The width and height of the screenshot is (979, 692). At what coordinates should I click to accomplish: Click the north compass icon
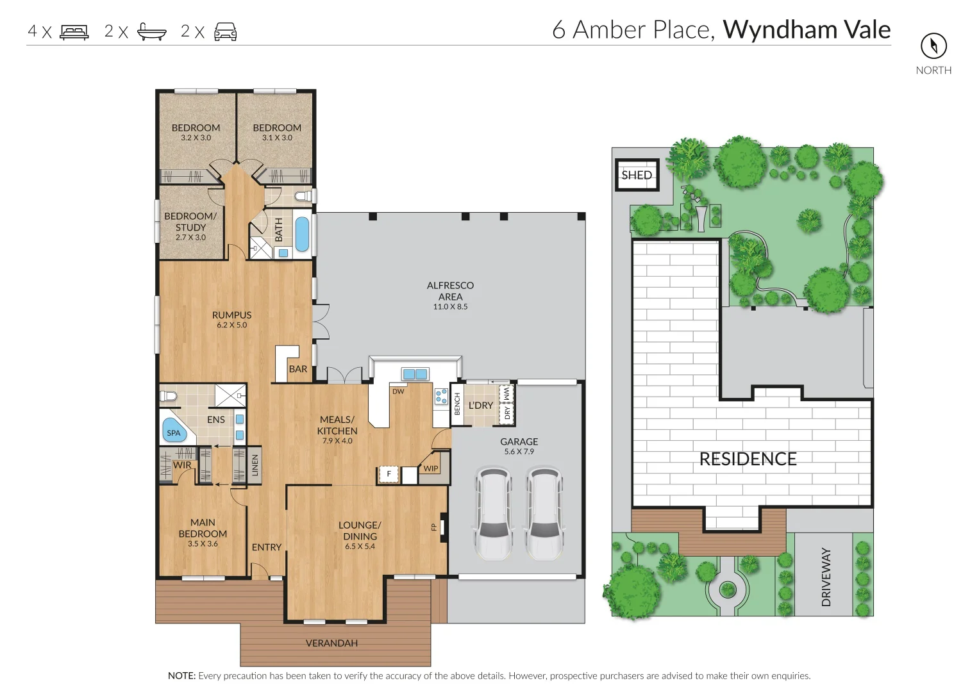coord(933,45)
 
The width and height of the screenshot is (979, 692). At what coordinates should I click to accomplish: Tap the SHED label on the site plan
coord(637,175)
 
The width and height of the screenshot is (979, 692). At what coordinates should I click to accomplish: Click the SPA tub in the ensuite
coord(174,431)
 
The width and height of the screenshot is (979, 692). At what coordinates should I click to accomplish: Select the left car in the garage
coord(493,513)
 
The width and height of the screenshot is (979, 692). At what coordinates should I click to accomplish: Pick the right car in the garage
coord(544,513)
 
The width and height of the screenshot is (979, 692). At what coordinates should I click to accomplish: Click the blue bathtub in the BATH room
coord(301,234)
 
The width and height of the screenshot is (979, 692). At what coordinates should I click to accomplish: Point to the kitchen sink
coord(415,374)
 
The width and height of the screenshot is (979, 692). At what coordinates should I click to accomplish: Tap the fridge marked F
coord(388,474)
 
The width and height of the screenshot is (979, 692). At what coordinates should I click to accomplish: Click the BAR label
coord(297,369)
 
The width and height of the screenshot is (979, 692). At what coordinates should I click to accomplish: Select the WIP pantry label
coord(431,468)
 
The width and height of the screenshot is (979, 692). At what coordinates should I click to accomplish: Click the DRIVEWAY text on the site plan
coord(826,577)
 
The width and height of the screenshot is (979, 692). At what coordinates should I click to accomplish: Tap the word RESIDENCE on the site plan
coord(748,459)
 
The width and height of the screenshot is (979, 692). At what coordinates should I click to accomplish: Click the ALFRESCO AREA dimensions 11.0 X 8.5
coord(450,307)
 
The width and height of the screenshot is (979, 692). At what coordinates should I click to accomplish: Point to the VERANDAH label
coord(331,643)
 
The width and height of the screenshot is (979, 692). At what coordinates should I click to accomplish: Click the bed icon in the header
coord(74,31)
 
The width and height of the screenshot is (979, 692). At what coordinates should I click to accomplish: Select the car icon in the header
coord(225,31)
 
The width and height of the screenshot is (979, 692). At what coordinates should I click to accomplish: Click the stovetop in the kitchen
coord(441,396)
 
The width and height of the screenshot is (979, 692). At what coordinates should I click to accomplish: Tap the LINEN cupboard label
coord(255,465)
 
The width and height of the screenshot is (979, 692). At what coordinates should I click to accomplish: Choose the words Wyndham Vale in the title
coord(807,29)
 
